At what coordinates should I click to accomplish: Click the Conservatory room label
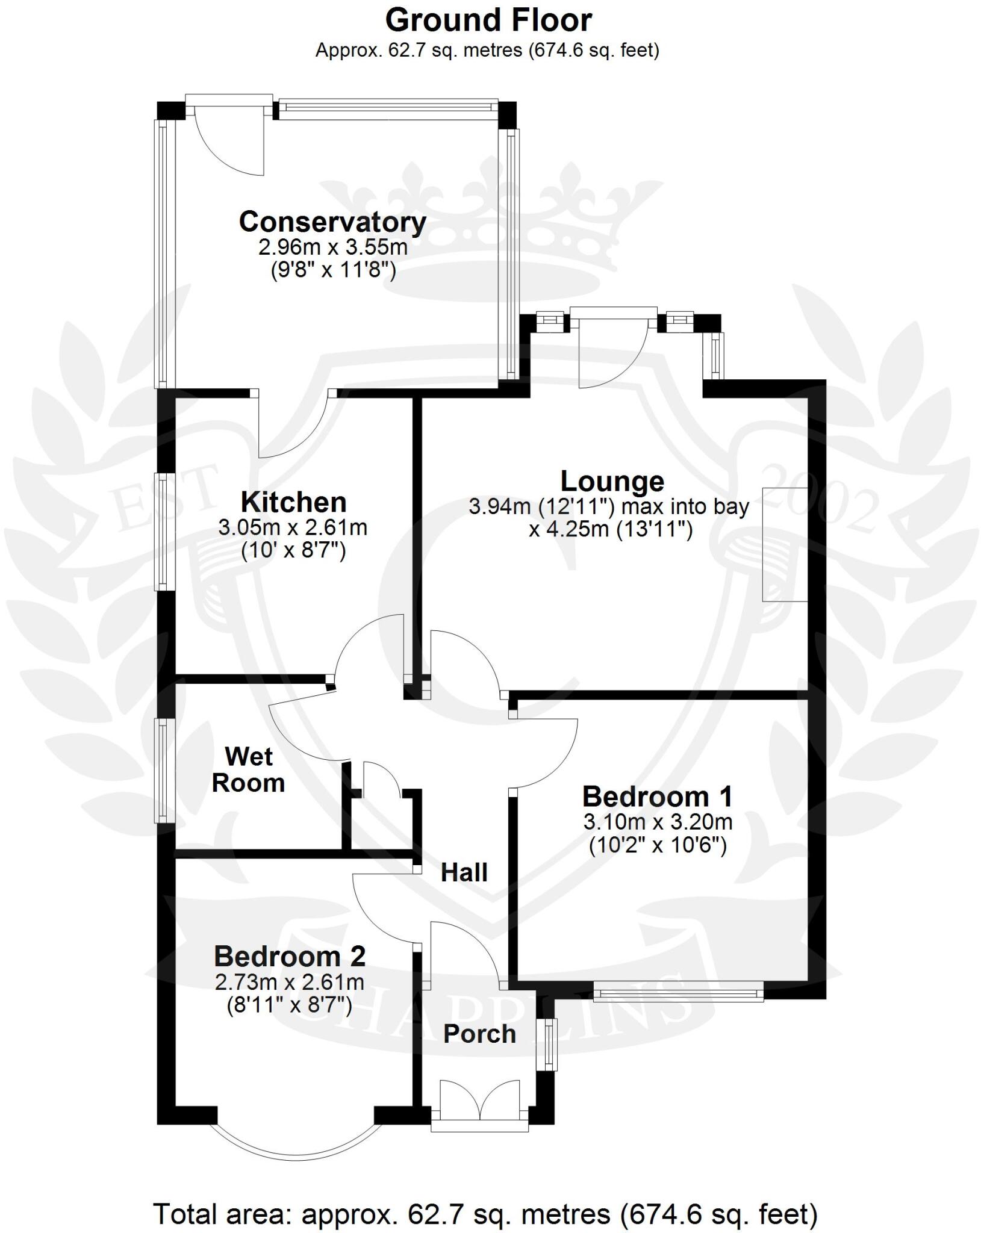[332, 222]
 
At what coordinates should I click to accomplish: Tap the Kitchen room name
[293, 502]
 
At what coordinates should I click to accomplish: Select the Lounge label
[612, 481]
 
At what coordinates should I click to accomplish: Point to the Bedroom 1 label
[657, 797]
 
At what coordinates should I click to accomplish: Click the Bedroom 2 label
[290, 956]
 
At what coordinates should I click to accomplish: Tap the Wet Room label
[248, 769]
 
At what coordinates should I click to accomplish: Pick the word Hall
[464, 872]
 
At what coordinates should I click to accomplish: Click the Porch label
[479, 1034]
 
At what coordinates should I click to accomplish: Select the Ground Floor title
[488, 20]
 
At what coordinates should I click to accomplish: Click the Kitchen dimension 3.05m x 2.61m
[293, 528]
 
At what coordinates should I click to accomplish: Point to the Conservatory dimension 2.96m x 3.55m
[332, 247]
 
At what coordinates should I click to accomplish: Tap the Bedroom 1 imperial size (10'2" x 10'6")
[657, 846]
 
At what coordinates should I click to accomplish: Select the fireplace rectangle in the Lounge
[784, 544]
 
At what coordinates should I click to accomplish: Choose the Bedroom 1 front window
[678, 992]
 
